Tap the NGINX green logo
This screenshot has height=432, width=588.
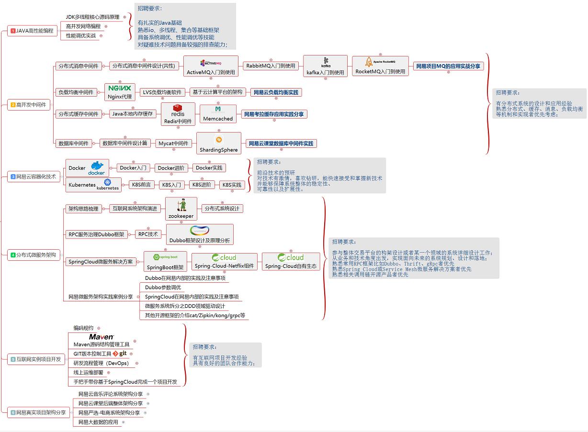coord(119,88)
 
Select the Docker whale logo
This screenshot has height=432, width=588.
coord(97,168)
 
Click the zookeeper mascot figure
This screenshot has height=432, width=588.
coord(181,205)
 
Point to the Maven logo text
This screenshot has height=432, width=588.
coord(102,337)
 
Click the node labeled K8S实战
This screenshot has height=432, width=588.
coord(231,185)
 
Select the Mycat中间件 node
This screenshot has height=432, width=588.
coord(173,143)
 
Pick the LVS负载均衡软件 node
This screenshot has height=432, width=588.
coord(162,92)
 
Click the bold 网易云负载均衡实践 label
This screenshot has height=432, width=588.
coord(276,92)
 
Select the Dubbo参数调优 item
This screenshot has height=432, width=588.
coord(163,287)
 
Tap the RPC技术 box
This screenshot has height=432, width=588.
coord(148,234)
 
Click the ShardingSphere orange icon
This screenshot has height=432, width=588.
coord(219,140)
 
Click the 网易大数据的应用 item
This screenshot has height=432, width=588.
coord(98,422)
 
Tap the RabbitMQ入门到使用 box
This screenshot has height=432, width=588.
coord(271,66)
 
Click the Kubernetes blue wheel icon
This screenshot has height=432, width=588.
coord(108,182)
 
